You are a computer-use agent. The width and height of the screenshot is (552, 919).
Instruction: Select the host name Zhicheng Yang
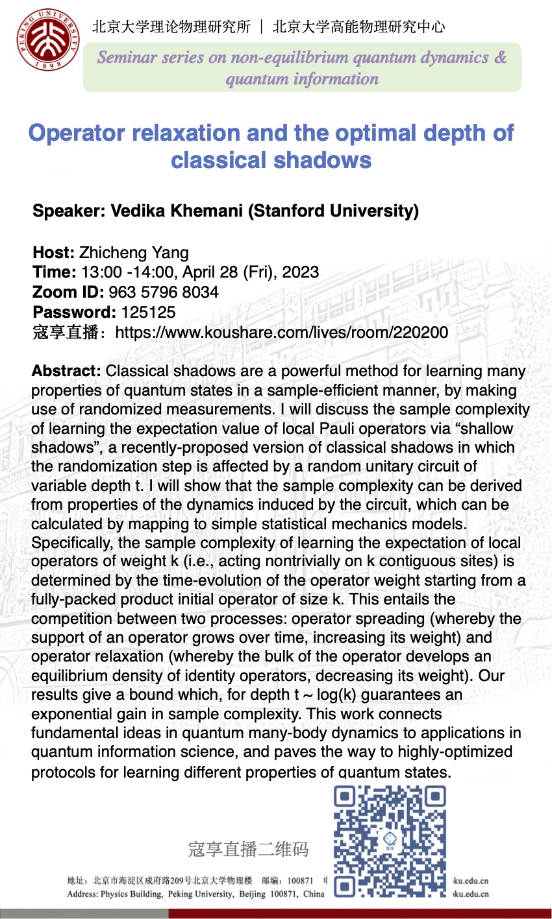point(134,253)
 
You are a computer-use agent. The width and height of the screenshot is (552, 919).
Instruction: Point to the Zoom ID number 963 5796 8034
point(164,292)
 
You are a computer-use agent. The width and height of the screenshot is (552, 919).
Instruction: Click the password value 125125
point(148,312)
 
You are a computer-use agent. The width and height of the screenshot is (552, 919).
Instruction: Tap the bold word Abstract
point(66,372)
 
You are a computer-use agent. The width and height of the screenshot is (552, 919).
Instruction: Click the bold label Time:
point(55,272)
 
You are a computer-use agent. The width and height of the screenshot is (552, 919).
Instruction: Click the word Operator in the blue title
point(77,133)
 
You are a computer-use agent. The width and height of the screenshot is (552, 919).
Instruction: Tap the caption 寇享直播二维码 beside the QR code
point(248,849)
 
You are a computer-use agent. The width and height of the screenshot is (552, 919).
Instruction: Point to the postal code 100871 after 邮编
point(300,881)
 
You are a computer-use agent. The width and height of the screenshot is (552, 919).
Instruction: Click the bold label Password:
point(75,312)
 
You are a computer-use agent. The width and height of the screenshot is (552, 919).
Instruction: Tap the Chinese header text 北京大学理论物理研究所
point(171,27)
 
